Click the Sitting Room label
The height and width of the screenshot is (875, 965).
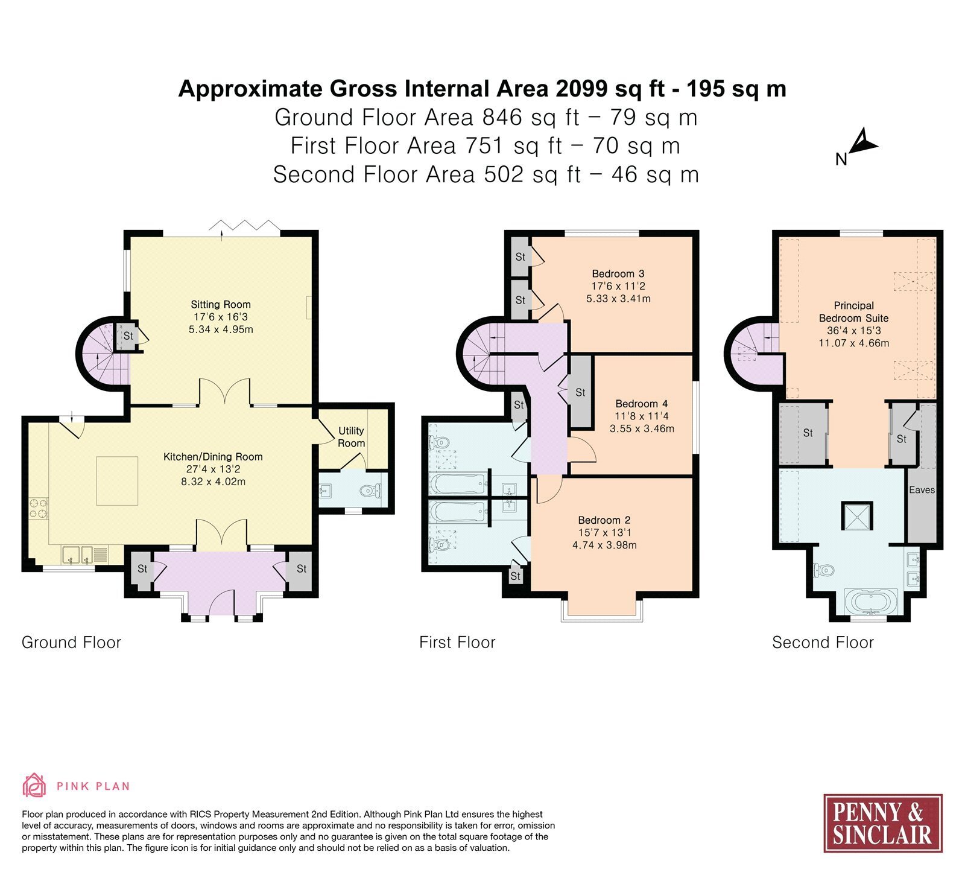(x=221, y=305)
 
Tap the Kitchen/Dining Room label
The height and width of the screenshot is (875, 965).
(x=213, y=457)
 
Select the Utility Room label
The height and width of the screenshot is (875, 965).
(x=351, y=437)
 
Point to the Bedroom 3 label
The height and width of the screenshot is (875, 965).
(x=618, y=274)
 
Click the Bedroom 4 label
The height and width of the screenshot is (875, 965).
(x=642, y=404)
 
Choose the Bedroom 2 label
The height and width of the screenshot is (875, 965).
(x=604, y=520)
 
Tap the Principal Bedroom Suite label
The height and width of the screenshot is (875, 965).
(x=853, y=312)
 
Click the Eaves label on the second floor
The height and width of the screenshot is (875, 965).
(x=922, y=490)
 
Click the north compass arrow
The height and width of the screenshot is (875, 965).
(x=863, y=144)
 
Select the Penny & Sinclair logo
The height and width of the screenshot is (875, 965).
(x=883, y=823)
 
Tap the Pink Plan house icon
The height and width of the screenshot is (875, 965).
(x=34, y=785)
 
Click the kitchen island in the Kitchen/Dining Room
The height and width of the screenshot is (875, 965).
(x=118, y=481)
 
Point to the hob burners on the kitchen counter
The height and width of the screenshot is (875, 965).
(x=39, y=507)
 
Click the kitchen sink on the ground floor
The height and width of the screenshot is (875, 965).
(x=77, y=554)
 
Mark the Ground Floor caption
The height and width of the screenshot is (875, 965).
(x=71, y=642)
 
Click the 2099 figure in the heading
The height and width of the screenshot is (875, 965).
(x=582, y=89)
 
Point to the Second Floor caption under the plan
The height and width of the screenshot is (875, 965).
(x=823, y=642)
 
